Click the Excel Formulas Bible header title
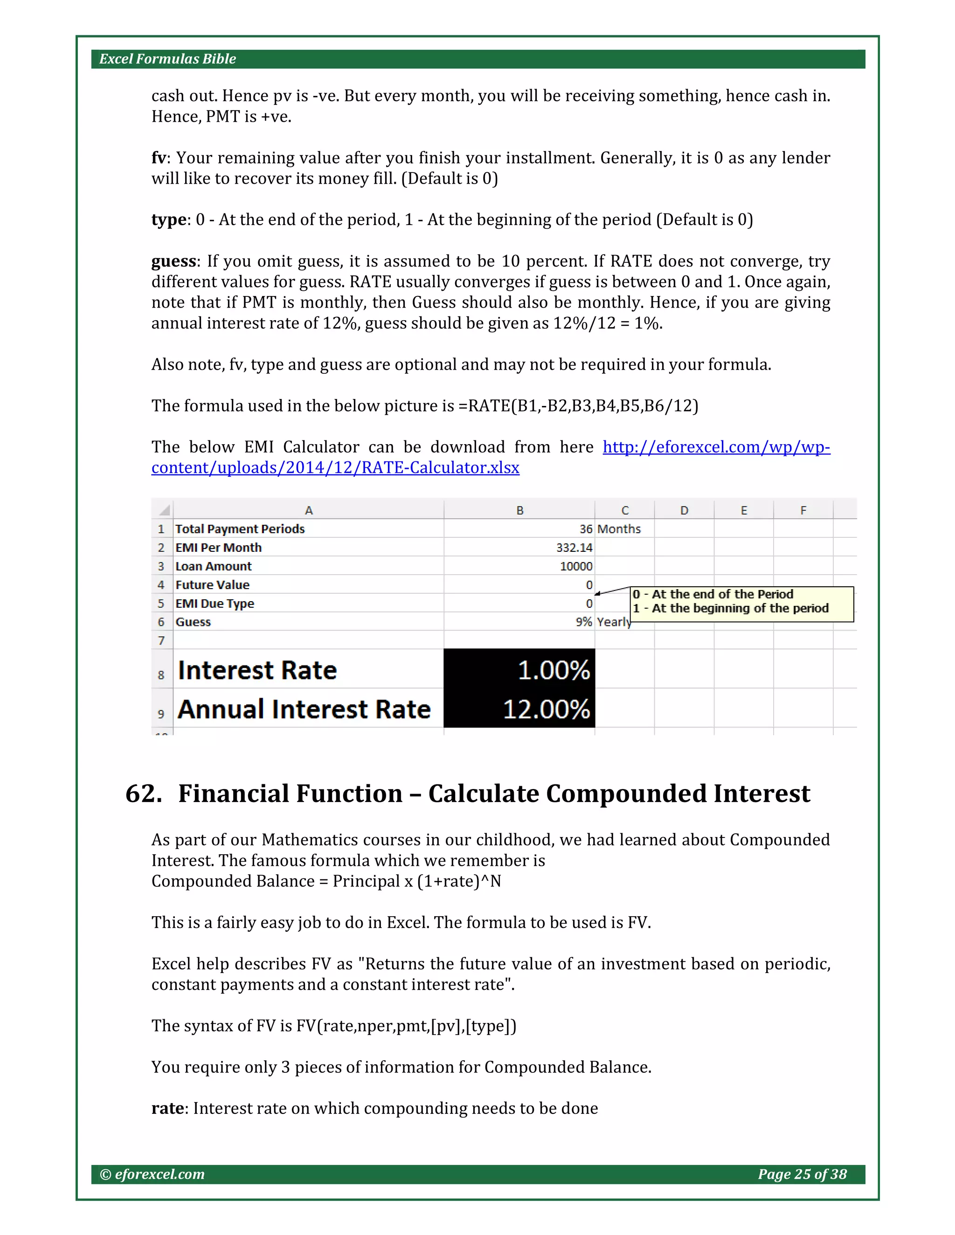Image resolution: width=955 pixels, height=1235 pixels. pyautogui.click(x=167, y=59)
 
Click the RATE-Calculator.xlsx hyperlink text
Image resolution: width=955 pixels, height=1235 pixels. pyautogui.click(x=335, y=467)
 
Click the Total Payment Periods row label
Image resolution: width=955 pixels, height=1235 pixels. pyautogui.click(x=240, y=529)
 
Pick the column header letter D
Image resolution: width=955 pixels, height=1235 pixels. pyautogui.click(x=684, y=510)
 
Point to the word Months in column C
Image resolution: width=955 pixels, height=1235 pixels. pyautogui.click(x=619, y=529)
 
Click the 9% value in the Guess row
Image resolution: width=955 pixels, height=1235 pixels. pyautogui.click(x=583, y=622)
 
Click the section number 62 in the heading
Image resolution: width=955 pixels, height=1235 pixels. pyautogui.click(x=143, y=793)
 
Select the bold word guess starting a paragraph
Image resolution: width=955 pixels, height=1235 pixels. pyautogui.click(x=173, y=261)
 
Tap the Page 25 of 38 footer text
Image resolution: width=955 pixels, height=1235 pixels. pyautogui.click(x=802, y=1174)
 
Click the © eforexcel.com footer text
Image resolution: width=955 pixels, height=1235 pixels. pyautogui.click(x=152, y=1174)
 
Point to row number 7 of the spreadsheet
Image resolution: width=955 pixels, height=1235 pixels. pyautogui.click(x=161, y=640)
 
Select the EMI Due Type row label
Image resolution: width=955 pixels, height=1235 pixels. pyautogui.click(x=215, y=604)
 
